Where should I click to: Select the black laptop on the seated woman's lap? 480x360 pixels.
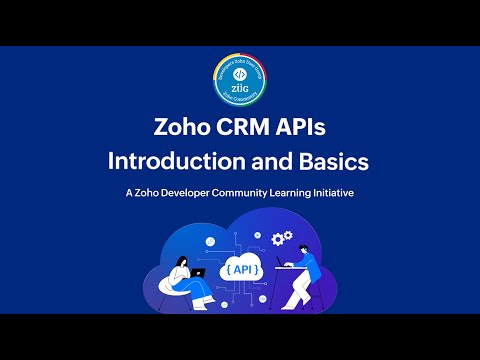198,272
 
